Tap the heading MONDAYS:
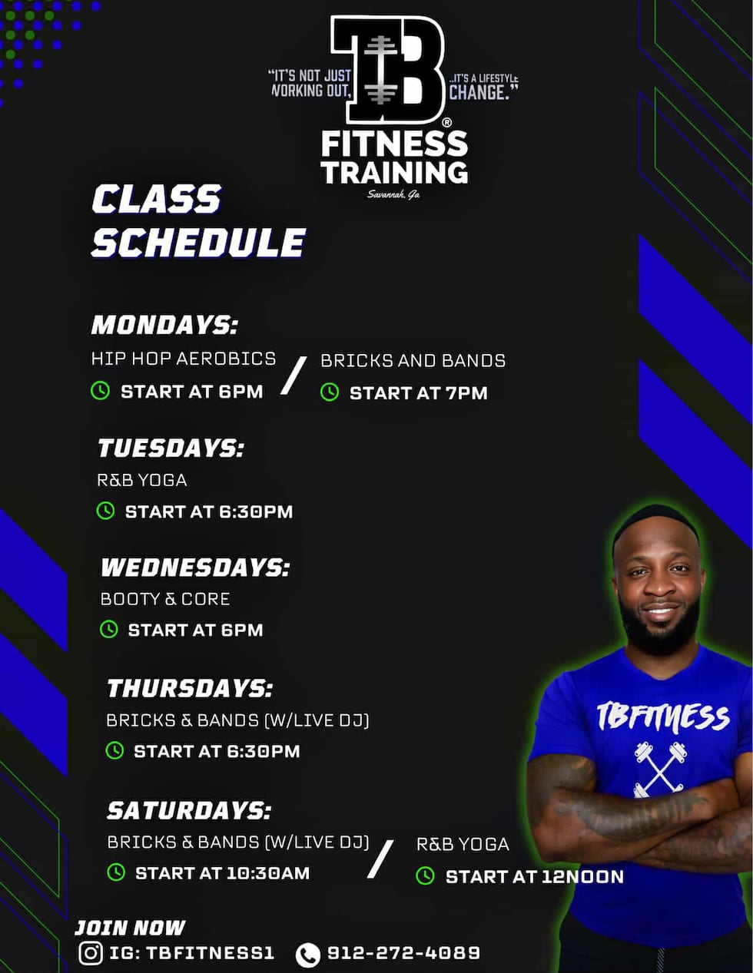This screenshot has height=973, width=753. [x=164, y=325]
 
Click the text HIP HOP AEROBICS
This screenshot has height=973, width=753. [x=184, y=359]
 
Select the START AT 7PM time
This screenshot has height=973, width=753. [x=418, y=393]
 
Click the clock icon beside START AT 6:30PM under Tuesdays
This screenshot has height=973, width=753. [x=105, y=511]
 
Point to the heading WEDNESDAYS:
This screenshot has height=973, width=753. [x=195, y=568]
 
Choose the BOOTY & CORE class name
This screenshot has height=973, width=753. [x=165, y=599]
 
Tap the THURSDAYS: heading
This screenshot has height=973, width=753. [x=190, y=688]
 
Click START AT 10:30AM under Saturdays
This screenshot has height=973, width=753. [x=222, y=873]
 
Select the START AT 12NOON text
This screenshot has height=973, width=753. [x=534, y=877]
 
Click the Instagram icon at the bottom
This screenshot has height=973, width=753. [x=91, y=953]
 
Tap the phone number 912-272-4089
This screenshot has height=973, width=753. [x=403, y=953]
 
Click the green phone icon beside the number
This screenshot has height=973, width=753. [x=307, y=955]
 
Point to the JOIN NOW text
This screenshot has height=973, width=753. [x=130, y=928]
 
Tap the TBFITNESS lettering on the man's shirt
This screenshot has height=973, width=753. [x=662, y=717]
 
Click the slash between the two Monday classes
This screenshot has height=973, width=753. [x=294, y=376]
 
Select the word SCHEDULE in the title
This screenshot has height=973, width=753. [x=198, y=243]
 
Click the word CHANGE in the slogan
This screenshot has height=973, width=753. [x=479, y=92]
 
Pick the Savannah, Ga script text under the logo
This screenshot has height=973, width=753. [x=393, y=194]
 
